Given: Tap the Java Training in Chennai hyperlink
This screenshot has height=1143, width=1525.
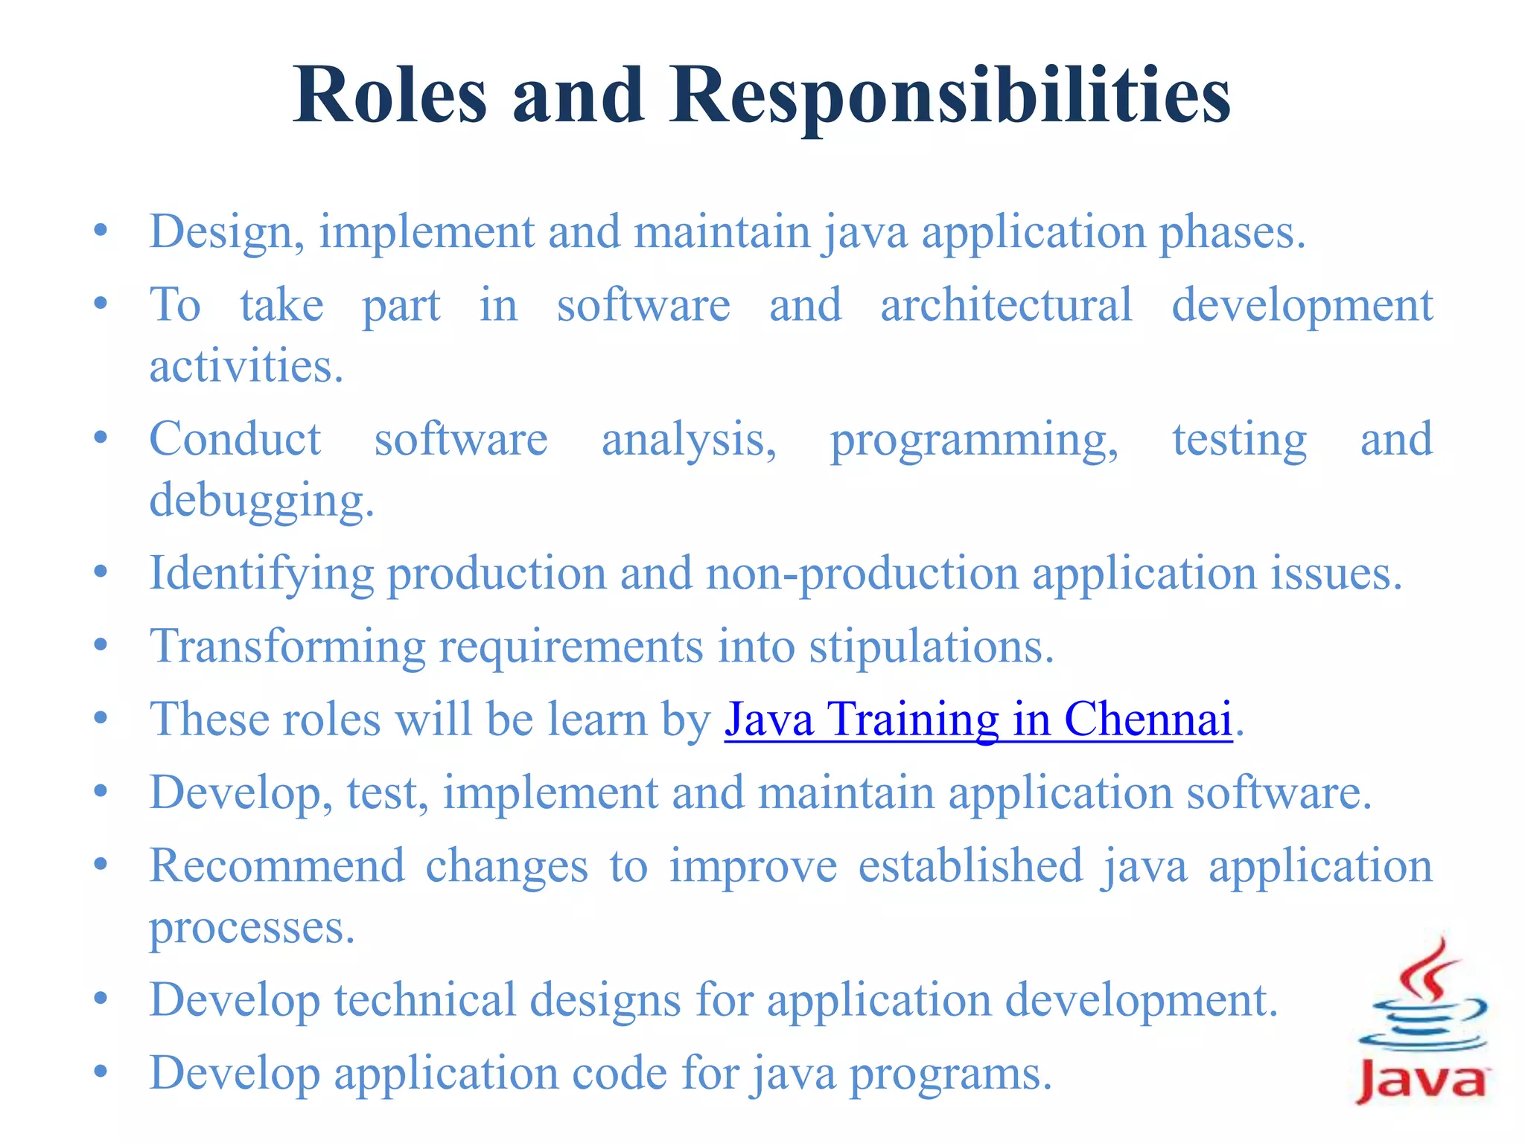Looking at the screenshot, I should [978, 720].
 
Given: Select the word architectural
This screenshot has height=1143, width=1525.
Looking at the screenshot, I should [1006, 305].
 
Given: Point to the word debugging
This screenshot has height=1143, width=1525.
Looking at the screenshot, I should [261, 500].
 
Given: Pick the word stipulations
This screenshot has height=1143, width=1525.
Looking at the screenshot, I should [931, 646].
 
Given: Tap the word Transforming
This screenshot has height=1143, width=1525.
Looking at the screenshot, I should [287, 646].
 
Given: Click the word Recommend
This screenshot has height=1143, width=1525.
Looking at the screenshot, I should [277, 866].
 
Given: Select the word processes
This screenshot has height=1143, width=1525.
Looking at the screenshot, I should [252, 927].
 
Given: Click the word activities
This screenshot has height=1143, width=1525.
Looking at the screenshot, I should [246, 366].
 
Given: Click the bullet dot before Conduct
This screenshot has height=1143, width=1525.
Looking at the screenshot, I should [101, 438].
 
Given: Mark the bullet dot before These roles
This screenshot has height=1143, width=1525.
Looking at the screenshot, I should [101, 718].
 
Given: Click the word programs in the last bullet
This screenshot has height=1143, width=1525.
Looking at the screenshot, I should [950, 1073].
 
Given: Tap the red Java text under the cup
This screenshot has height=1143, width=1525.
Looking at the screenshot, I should [1421, 1080].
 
